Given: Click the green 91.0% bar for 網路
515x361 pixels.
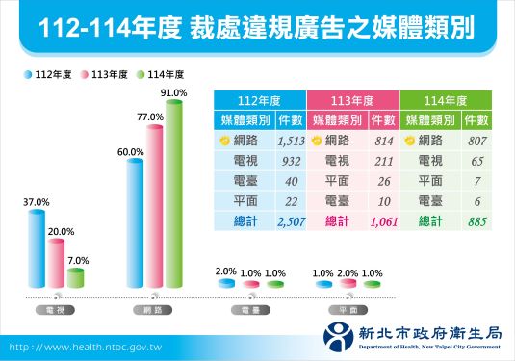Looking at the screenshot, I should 173,193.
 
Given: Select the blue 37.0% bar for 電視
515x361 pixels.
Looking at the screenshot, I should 37,250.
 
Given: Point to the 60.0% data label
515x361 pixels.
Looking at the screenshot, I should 131,152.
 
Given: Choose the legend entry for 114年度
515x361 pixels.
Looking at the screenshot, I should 161,74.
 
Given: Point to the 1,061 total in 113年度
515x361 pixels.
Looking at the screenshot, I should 382,221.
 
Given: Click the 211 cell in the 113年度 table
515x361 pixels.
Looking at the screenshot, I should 382,161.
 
